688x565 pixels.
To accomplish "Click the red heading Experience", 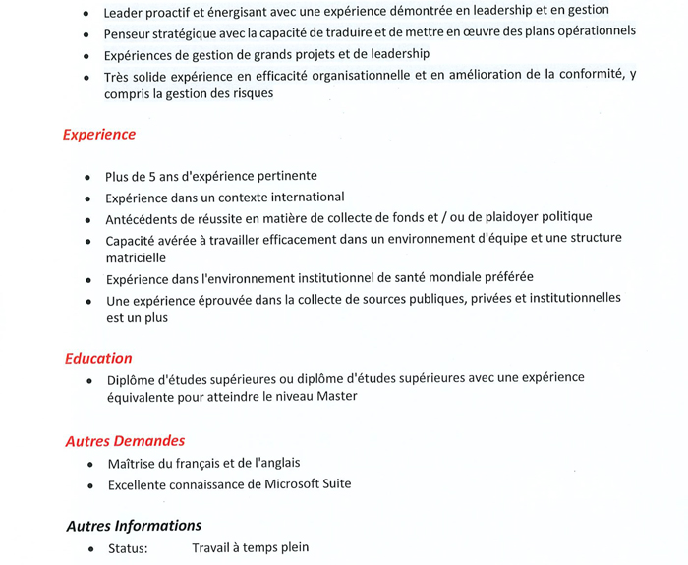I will click(99, 135).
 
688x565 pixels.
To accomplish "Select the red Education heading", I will click(98, 358).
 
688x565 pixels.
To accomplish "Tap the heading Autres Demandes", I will click(125, 441).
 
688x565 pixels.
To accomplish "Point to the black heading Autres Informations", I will click(134, 526).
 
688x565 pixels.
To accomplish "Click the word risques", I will click(250, 94).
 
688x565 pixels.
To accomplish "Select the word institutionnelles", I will click(563, 299).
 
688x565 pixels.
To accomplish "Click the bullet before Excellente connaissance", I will click(90, 485).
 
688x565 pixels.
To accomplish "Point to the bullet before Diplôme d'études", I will click(90, 379).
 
